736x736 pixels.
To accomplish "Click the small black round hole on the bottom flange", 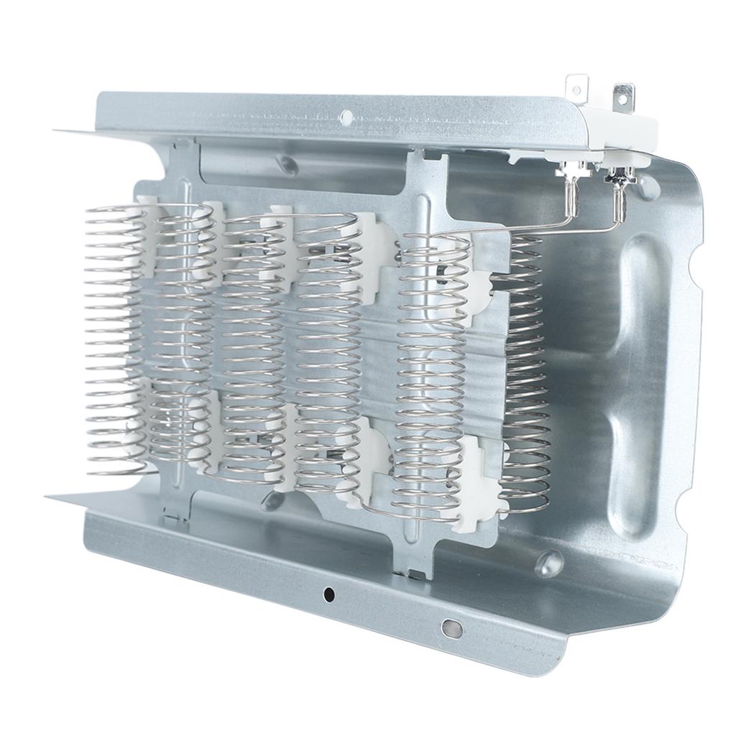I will pos(329,594).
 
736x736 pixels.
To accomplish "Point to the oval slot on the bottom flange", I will pos(451,627).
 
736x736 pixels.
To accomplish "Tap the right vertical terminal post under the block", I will pos(620,198).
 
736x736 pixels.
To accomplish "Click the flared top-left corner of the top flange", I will pos(72,131).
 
